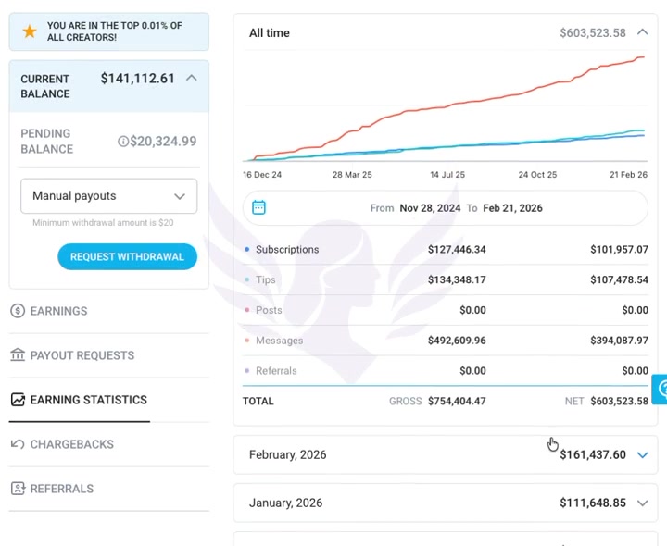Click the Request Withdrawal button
(x=127, y=257)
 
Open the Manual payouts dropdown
(x=108, y=196)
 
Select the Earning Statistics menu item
(x=88, y=400)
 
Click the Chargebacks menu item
(x=71, y=444)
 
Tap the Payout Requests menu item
(x=82, y=355)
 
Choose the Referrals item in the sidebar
(x=61, y=489)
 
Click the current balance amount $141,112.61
(x=137, y=79)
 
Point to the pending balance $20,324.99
(x=163, y=142)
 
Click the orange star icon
(x=30, y=31)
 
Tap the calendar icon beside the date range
(x=259, y=207)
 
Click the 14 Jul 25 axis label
(x=447, y=175)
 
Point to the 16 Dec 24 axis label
(x=262, y=175)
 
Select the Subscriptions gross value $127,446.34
(x=457, y=250)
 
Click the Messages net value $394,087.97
(x=619, y=341)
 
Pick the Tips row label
(x=266, y=280)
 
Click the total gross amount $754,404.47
(x=457, y=402)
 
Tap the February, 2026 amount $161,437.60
(x=593, y=455)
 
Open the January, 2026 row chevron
(x=643, y=503)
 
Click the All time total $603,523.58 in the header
(x=593, y=33)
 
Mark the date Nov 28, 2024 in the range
(x=430, y=208)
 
